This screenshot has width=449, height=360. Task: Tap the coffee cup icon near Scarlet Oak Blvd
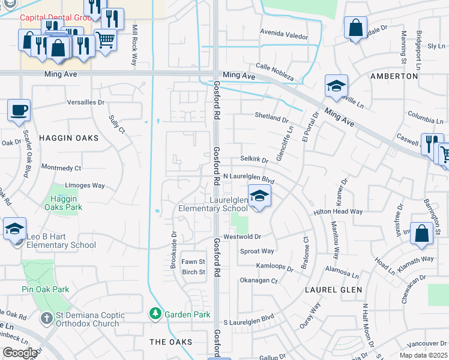point(19,110)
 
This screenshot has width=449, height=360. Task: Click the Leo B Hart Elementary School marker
point(14,229)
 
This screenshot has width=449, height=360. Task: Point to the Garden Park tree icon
point(155,314)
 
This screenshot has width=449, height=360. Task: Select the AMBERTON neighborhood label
point(394,76)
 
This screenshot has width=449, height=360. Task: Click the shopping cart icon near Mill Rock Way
point(105,40)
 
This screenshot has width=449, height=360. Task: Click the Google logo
point(20,353)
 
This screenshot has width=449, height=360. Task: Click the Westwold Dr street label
point(243,237)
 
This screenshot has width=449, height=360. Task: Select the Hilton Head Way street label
point(338,212)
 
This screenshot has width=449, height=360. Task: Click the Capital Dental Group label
point(54,17)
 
